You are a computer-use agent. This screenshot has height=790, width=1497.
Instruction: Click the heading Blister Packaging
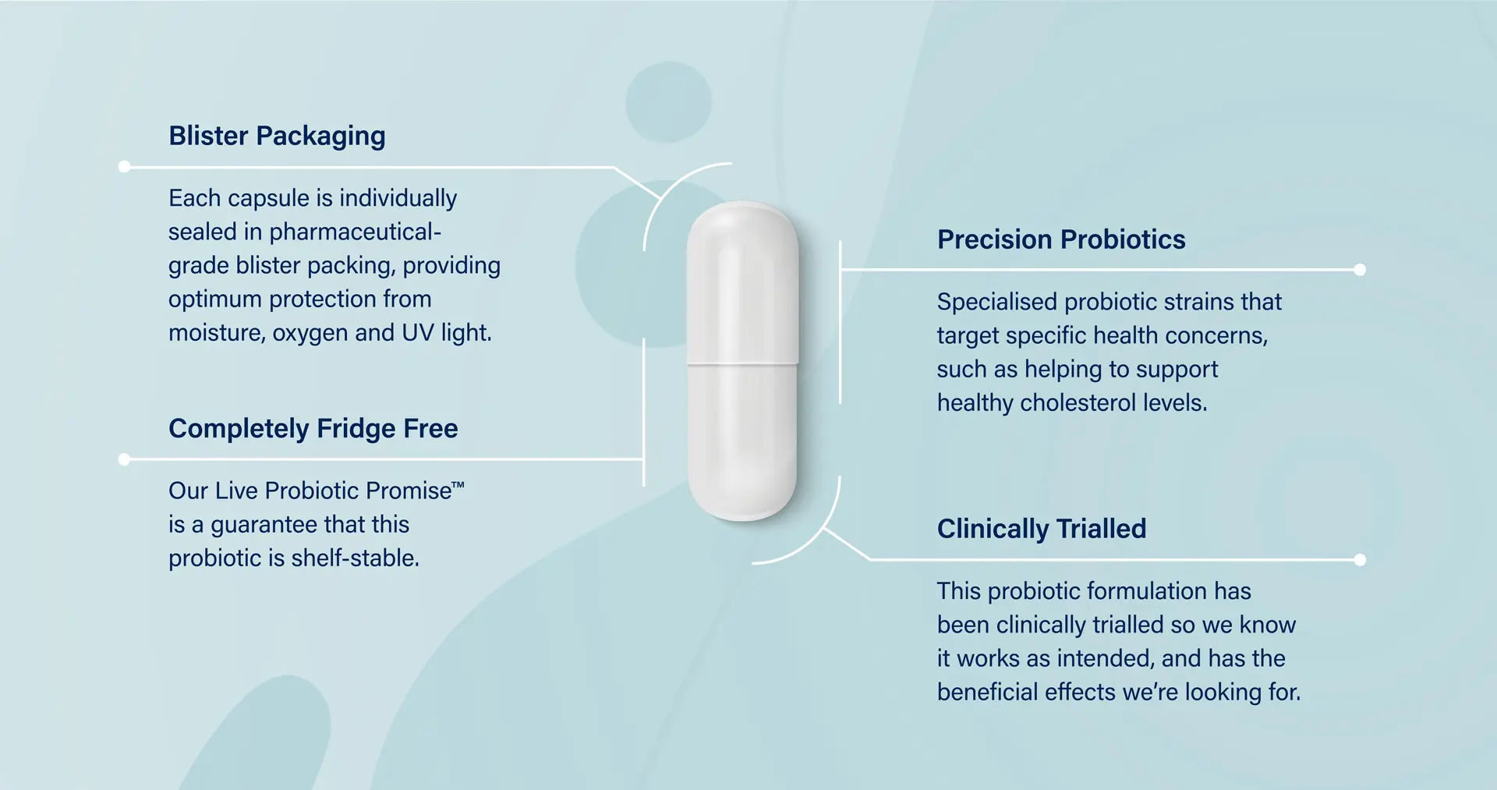(277, 136)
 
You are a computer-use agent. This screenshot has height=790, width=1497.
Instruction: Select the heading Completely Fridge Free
(313, 428)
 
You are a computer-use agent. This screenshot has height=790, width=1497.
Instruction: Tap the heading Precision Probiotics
(1060, 239)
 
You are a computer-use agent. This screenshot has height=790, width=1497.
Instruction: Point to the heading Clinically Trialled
(1041, 529)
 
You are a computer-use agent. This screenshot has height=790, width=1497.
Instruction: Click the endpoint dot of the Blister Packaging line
(124, 167)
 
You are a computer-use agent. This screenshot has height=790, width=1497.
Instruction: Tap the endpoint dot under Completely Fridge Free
(124, 459)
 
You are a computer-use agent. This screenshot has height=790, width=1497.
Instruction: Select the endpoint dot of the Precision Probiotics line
(1360, 270)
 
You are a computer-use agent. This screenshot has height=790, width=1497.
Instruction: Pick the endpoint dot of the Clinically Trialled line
(1360, 560)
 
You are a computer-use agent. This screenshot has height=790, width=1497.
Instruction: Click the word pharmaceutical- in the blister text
(355, 232)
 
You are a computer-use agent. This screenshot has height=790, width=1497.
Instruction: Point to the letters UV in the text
(417, 333)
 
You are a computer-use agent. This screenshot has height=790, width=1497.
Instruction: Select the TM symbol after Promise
(458, 485)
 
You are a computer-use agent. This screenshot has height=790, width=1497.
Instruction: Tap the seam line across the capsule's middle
(742, 363)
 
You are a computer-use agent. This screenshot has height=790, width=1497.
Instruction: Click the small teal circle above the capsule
(668, 102)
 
